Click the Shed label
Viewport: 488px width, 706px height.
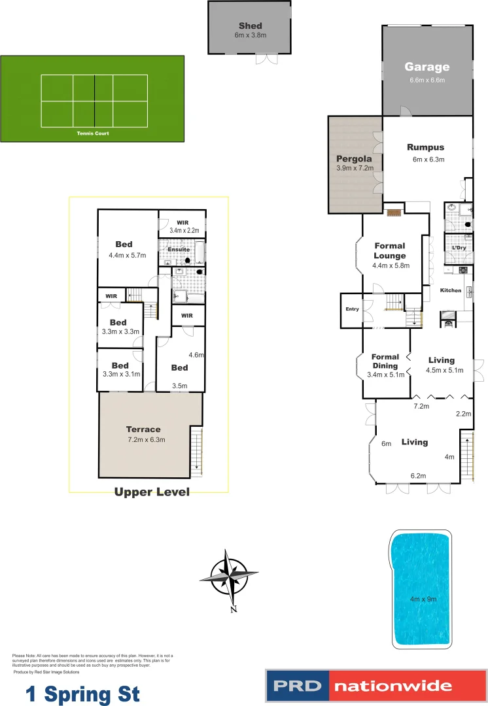[x=251, y=26]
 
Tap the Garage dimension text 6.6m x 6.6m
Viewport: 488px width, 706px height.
[x=427, y=80]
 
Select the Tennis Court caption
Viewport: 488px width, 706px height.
[x=92, y=133]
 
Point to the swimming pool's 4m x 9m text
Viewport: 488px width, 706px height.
[x=423, y=599]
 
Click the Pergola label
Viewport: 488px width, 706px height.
[x=354, y=159]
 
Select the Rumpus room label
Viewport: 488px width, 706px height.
[x=426, y=147]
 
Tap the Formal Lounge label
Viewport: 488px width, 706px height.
[x=390, y=251]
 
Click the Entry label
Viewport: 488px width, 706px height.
[x=352, y=309]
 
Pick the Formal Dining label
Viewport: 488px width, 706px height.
[x=385, y=361]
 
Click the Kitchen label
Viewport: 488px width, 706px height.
[x=451, y=290]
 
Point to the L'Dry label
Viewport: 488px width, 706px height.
[x=458, y=248]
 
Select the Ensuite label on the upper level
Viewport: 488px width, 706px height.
[x=179, y=249]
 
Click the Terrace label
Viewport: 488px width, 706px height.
[x=143, y=429]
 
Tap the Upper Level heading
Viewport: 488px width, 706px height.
[x=152, y=492]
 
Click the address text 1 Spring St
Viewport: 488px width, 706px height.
[x=83, y=694]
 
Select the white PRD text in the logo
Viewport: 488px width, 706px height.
[x=298, y=686]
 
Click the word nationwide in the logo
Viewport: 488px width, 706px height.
[x=393, y=686]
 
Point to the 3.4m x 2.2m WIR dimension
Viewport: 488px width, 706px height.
[x=184, y=230]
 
